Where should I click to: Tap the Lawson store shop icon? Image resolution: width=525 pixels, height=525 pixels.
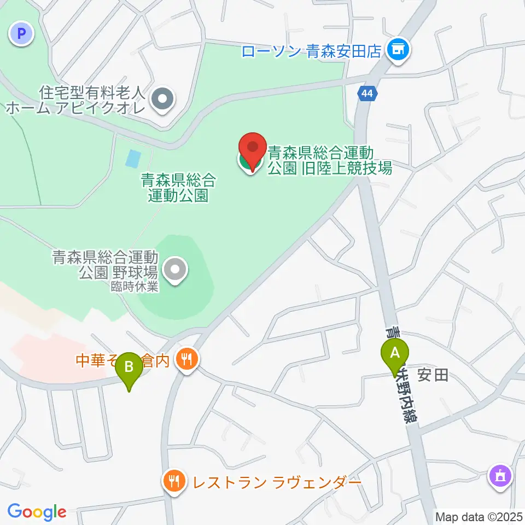pos(398,50)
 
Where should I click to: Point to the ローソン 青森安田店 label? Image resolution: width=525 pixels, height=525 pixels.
pos(311,51)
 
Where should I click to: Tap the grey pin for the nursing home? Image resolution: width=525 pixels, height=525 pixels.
pos(162,100)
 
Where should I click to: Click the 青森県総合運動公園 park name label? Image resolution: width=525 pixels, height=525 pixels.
pos(178,187)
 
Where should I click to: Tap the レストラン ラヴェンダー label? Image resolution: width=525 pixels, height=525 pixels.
pos(276,482)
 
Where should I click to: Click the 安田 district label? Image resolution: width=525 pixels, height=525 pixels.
pos(433,375)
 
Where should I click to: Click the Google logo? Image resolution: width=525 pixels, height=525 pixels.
pos(37,512)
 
